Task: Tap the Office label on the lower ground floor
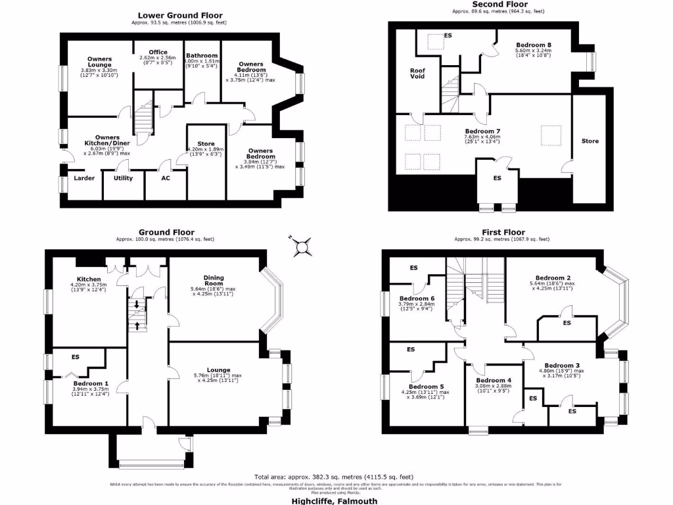click(158, 52)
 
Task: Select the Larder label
click(84, 178)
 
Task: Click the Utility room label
click(123, 178)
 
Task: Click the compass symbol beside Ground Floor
click(302, 247)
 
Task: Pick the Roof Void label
click(417, 73)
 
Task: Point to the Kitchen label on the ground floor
click(89, 279)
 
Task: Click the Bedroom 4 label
click(494, 380)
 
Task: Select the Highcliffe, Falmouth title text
click(335, 500)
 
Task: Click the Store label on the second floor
click(590, 141)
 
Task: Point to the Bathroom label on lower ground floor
click(202, 56)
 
